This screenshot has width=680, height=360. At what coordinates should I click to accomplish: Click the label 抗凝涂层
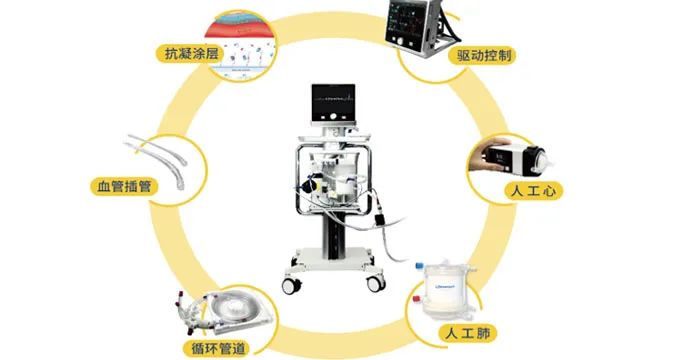coord(191,54)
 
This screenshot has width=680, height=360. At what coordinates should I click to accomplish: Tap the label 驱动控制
coord(484,56)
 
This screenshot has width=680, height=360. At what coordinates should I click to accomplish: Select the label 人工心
coord(533,191)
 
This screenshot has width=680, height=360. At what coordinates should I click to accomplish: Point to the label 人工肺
coord(468,333)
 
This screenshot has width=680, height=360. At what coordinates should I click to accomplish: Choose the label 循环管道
coord(218,348)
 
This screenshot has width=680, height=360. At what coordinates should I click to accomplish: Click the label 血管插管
coord(124,187)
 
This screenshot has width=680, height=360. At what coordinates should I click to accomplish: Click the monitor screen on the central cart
coord(333,103)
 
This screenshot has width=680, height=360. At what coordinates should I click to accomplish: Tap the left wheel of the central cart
coord(291,285)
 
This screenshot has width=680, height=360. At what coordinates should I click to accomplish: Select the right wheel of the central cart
coord(376,284)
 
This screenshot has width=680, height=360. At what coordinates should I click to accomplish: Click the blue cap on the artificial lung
coord(419,265)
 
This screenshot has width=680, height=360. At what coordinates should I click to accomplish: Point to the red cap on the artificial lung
coord(417,299)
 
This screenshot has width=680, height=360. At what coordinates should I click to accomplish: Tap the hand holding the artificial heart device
coord(487,155)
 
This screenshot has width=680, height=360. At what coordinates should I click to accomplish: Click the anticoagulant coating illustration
coord(241,46)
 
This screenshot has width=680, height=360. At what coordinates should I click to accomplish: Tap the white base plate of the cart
coord(333,259)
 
